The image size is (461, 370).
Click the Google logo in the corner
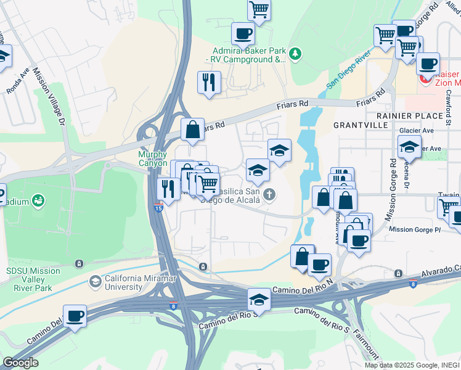pyautogui.click(x=20, y=363)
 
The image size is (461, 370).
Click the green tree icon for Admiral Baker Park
pyautogui.click(x=295, y=55)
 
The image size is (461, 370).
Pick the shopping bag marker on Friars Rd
pyautogui.click(x=192, y=129)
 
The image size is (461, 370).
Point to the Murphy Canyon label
pyautogui.click(x=153, y=158)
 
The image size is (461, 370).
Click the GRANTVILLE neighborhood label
pyautogui.click(x=361, y=125)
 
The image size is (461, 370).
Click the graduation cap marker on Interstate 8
pyautogui.click(x=259, y=300)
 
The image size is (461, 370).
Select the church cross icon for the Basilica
pyautogui.click(x=268, y=195)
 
